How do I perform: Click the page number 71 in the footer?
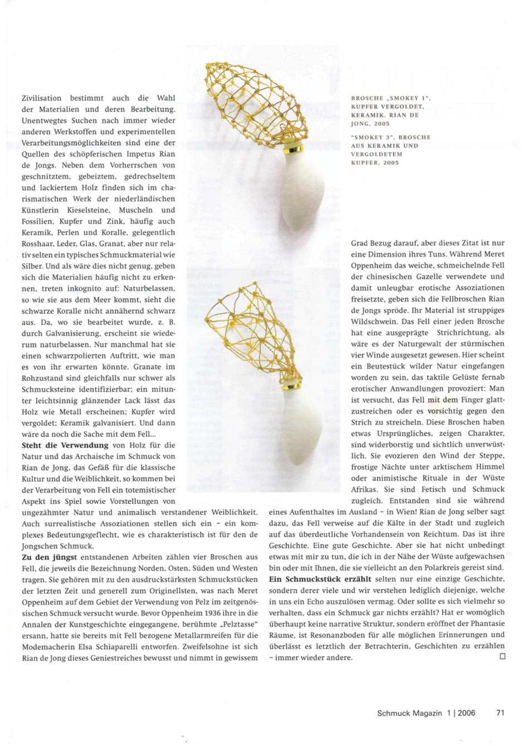(x=500, y=713)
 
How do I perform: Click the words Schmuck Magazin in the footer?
(x=409, y=713)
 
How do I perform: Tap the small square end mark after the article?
(x=502, y=657)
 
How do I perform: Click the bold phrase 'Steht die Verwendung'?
(x=65, y=445)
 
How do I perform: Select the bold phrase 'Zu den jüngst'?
(x=50, y=557)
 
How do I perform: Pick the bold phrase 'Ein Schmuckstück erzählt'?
(x=320, y=579)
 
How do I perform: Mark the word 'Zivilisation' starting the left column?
(x=42, y=98)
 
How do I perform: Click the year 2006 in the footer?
(x=466, y=713)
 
